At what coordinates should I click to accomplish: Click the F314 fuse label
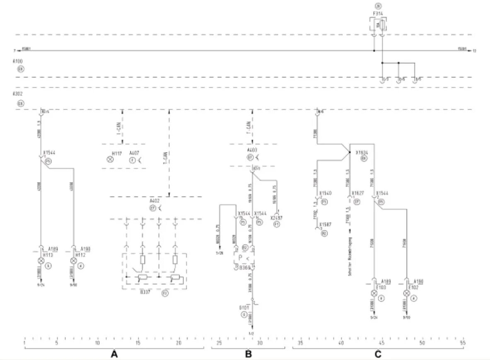coord(378,14)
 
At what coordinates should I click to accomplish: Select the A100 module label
coord(17,61)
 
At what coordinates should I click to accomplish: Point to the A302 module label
coord(17,94)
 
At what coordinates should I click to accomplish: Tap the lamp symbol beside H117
coord(110,159)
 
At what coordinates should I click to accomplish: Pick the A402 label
coord(155,202)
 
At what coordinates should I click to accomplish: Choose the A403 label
coord(252,150)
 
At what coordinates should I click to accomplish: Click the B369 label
coord(245,268)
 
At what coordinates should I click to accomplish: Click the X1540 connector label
coord(326,193)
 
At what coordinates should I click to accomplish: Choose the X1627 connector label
coord(358,193)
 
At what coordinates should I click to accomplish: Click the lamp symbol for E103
coord(374,293)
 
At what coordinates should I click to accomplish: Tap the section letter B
coord(248,354)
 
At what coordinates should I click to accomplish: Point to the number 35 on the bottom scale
coord(300,343)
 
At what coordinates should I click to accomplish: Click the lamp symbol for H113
coord(41,261)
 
